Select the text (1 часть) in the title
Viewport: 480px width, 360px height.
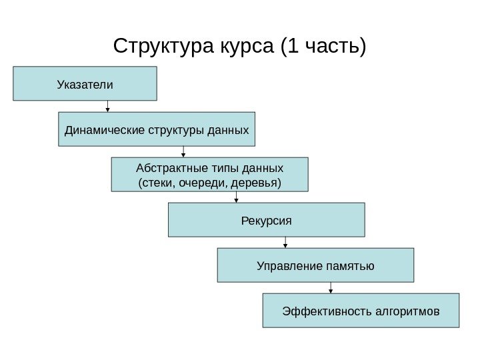(x=324, y=47)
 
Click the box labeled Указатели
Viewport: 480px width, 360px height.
(x=85, y=83)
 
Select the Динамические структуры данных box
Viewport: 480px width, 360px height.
(x=157, y=129)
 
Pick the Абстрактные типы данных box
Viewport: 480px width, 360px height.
(x=209, y=175)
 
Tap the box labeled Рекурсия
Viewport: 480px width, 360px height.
(x=267, y=220)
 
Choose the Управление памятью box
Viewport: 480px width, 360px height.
(x=315, y=265)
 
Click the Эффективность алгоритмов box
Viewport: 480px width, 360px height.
(x=361, y=311)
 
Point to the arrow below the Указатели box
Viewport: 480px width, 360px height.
(x=108, y=106)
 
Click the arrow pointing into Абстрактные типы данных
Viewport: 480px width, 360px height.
(x=183, y=152)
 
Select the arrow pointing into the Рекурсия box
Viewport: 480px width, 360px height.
(x=236, y=197)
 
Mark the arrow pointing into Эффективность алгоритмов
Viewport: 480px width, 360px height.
(x=331, y=287)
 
